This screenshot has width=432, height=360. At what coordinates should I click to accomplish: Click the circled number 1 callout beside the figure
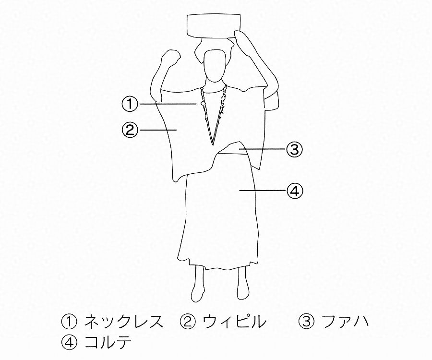pyautogui.click(x=130, y=104)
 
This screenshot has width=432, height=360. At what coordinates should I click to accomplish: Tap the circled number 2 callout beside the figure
pyautogui.click(x=130, y=130)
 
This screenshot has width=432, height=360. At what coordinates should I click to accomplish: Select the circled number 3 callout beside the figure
pyautogui.click(x=295, y=150)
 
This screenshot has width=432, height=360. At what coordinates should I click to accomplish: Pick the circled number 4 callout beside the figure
pyautogui.click(x=295, y=191)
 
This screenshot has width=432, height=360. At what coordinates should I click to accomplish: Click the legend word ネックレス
pyautogui.click(x=124, y=322)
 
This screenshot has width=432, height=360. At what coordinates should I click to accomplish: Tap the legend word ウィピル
pyautogui.click(x=235, y=322)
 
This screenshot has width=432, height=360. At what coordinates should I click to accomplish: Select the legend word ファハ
pyautogui.click(x=345, y=322)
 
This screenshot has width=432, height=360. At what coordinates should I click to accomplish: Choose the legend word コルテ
pyautogui.click(x=108, y=343)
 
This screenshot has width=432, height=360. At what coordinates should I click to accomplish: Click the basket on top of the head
pyautogui.click(x=214, y=26)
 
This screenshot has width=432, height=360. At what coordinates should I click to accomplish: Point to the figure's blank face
pyautogui.click(x=215, y=66)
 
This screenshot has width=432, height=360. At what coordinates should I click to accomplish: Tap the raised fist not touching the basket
pyautogui.click(x=171, y=59)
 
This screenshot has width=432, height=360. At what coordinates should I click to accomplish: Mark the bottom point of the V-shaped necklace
pyautogui.click(x=213, y=144)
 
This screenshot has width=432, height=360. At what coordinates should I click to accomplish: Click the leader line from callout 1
pyautogui.click(x=168, y=104)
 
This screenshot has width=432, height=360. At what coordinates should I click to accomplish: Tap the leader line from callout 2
pyautogui.click(x=158, y=130)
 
